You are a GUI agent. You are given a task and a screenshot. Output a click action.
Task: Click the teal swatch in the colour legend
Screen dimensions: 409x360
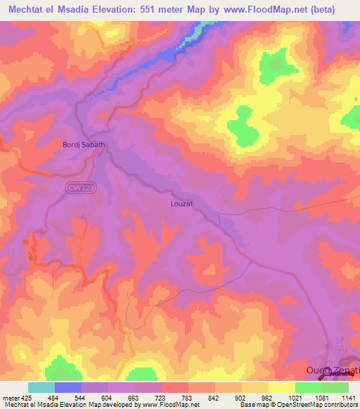[41, 387]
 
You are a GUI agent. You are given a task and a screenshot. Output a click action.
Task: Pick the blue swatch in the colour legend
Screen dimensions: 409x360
[67, 387]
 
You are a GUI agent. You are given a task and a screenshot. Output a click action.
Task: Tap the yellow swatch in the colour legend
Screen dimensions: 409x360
[281, 387]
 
